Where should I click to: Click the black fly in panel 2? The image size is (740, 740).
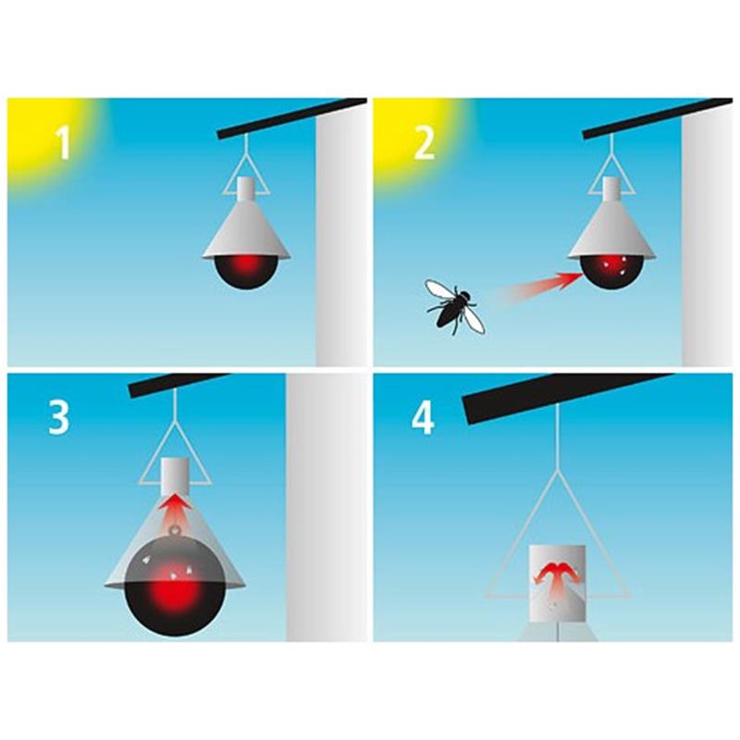click(455, 307)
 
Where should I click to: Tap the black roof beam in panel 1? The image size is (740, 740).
click(291, 118)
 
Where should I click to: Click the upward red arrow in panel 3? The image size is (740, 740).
click(174, 512)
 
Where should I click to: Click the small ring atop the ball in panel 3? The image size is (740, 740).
click(176, 530)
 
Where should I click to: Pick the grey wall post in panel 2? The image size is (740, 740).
click(707, 240)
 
